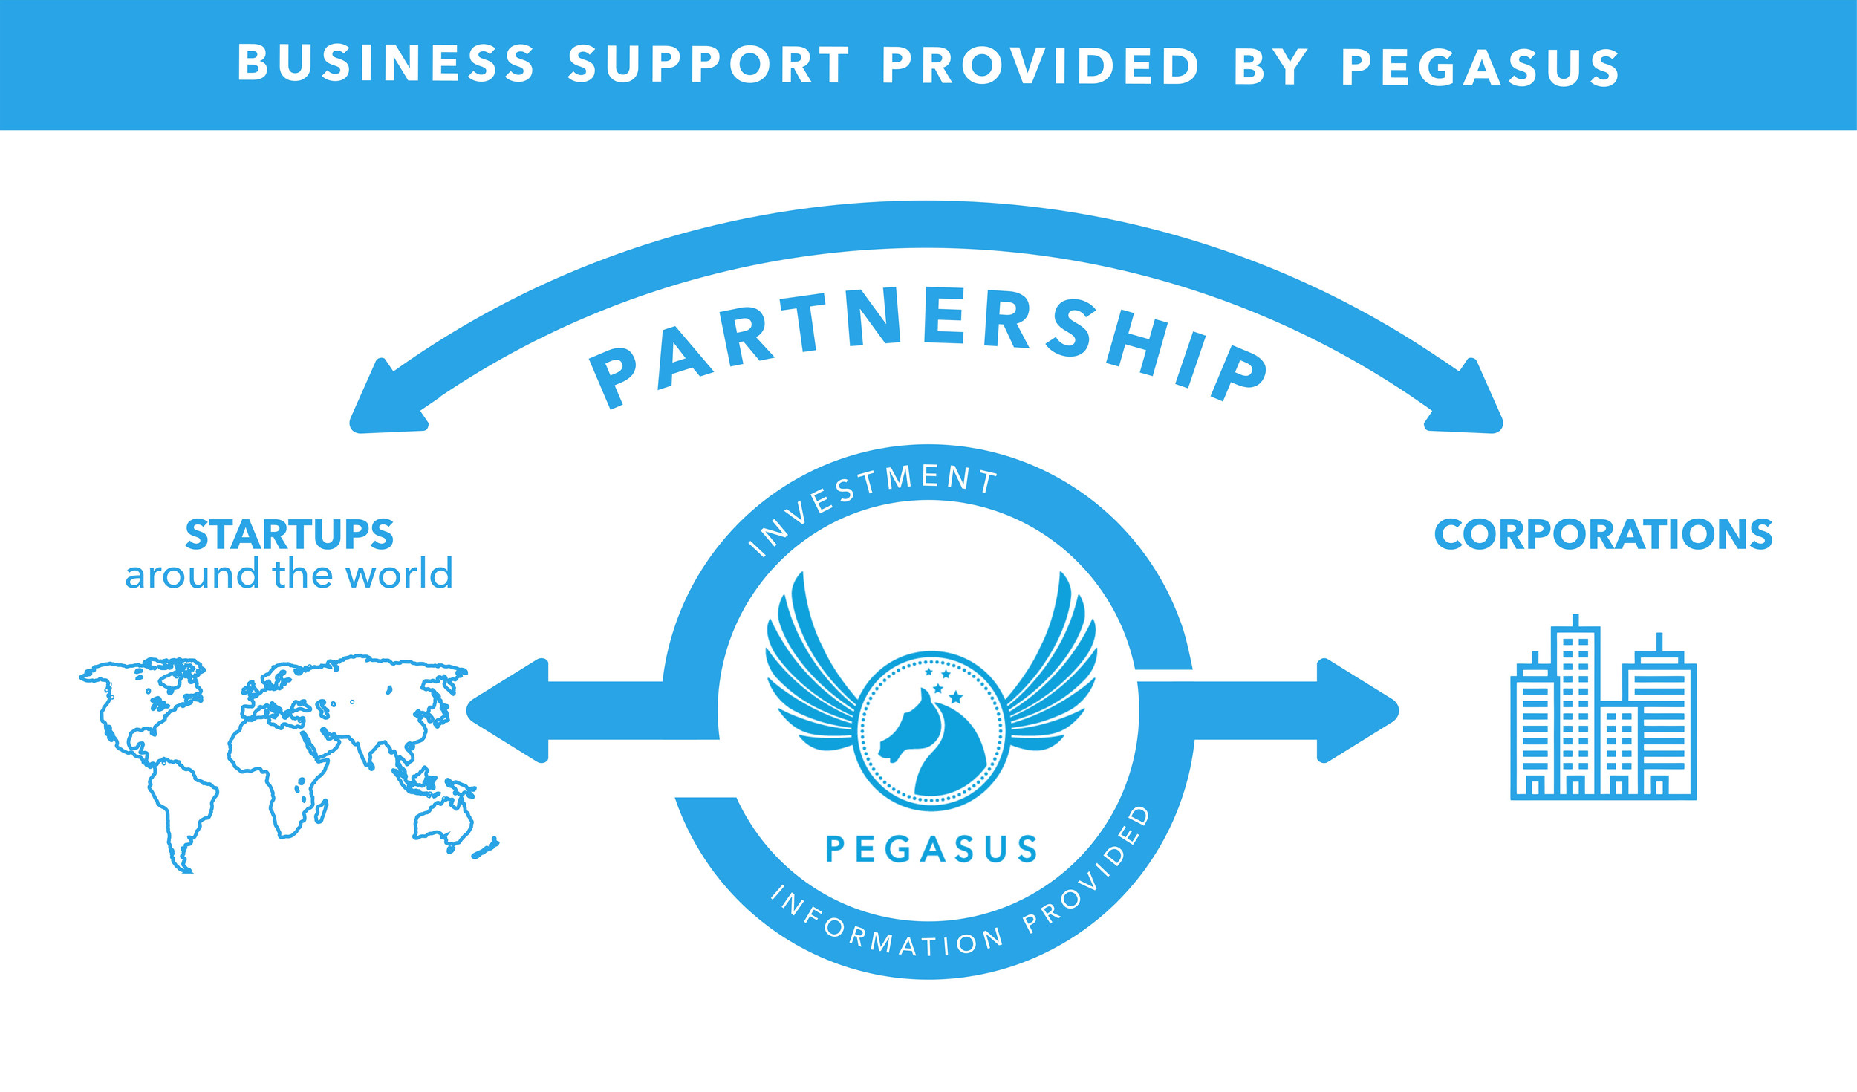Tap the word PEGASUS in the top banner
(x=1480, y=68)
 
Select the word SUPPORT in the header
(x=709, y=65)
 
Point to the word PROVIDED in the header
(x=1040, y=66)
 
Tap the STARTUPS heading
(x=289, y=535)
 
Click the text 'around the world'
(x=289, y=575)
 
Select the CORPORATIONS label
(x=1603, y=535)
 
